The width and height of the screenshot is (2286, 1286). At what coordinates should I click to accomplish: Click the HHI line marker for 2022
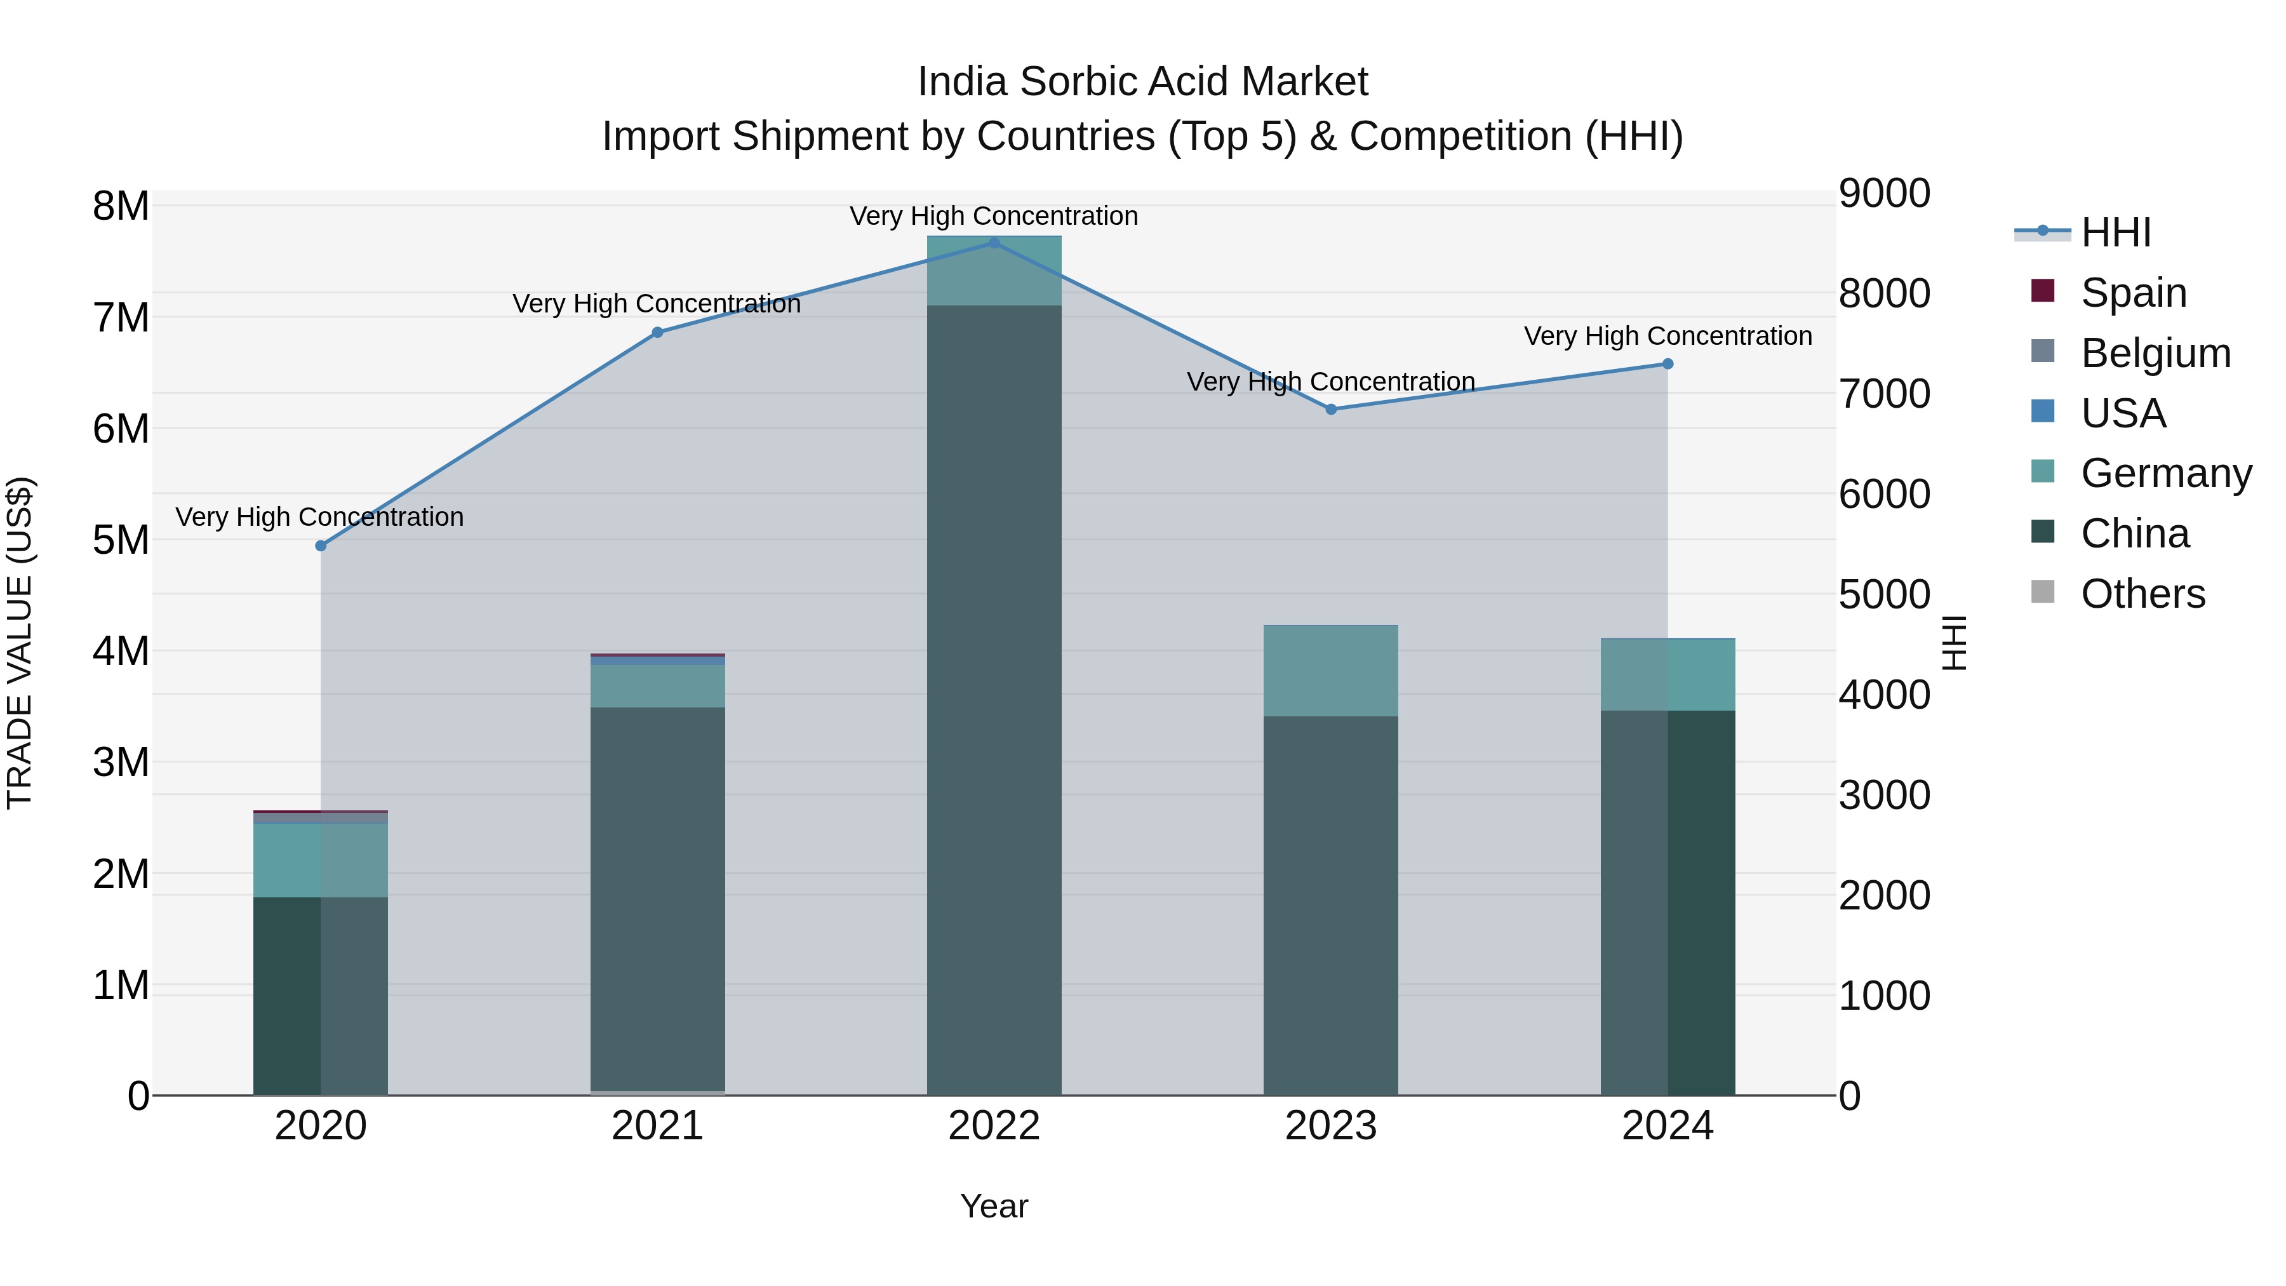tap(994, 243)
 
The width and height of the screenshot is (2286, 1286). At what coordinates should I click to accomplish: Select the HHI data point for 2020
tap(321, 546)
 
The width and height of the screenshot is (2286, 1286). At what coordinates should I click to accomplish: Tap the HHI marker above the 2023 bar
tap(1330, 409)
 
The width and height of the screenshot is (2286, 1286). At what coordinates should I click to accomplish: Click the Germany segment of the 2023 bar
tap(1330, 671)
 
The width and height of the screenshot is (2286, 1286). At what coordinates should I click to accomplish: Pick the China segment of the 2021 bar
tap(658, 896)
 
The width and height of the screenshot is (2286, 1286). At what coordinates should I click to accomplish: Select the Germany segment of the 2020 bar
tap(321, 859)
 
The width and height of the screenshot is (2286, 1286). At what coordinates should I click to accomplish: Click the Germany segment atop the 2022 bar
tap(994, 271)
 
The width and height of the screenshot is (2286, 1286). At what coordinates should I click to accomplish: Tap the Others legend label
tap(2142, 594)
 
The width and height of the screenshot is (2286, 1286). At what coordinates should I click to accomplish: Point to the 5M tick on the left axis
tap(121, 540)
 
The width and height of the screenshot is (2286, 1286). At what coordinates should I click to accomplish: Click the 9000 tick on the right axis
tap(1884, 194)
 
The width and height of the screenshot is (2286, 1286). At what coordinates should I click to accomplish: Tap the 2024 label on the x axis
tap(1668, 1126)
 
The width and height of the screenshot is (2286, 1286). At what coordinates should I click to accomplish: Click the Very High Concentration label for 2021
tap(657, 304)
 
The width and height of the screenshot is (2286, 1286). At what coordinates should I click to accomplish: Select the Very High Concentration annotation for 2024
tap(1668, 337)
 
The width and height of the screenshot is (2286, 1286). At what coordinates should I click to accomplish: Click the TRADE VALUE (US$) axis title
tap(20, 643)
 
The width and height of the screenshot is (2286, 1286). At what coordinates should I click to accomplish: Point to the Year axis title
tap(994, 1206)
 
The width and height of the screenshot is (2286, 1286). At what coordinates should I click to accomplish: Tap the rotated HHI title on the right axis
tap(1954, 643)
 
